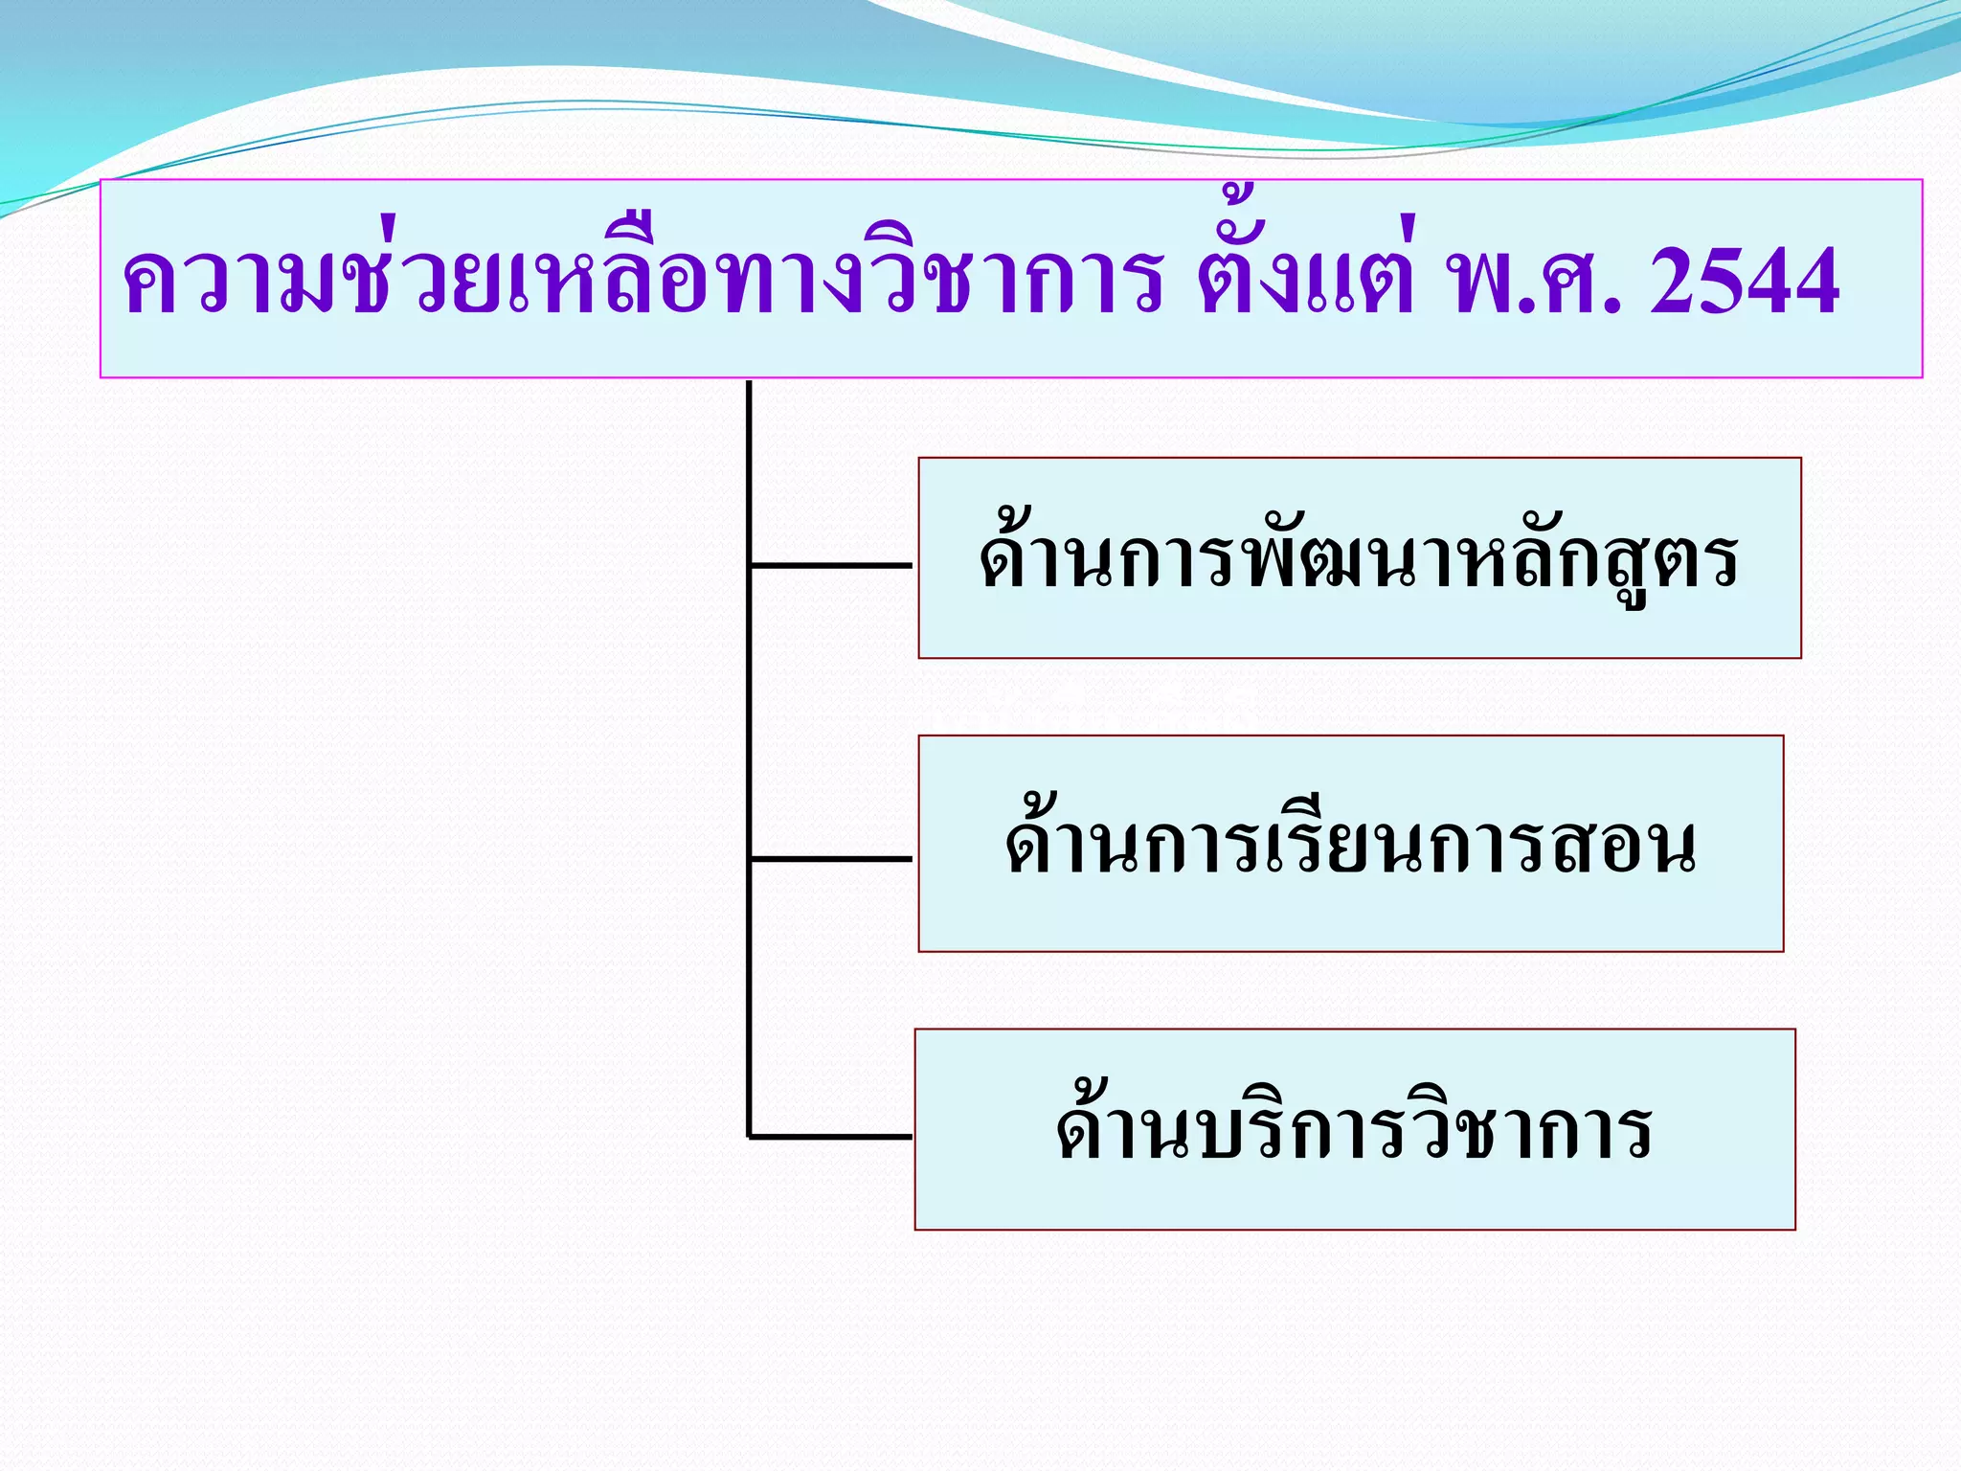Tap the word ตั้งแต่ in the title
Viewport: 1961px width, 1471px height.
click(1307, 278)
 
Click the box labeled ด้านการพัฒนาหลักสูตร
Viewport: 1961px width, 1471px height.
click(1359, 558)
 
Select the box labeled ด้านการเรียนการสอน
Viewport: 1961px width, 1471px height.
click(1350, 844)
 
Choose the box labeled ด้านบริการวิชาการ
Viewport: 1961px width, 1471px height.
click(1354, 1129)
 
